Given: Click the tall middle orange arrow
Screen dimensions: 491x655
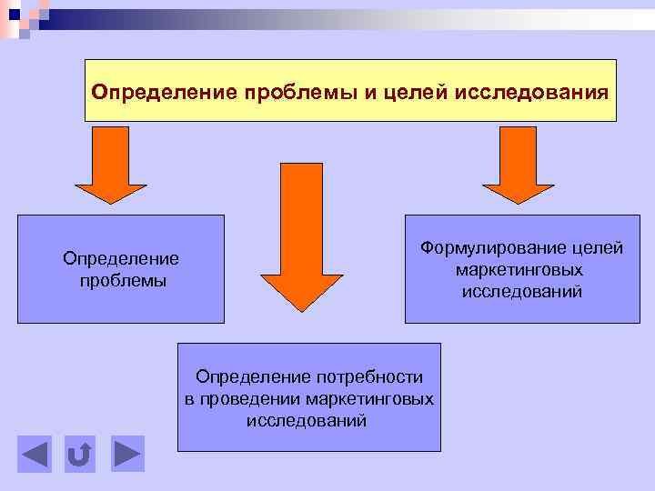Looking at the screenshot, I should [x=301, y=236].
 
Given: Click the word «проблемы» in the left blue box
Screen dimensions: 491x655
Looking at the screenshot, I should [x=121, y=280].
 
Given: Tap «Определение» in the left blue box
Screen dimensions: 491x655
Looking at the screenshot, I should [x=121, y=259].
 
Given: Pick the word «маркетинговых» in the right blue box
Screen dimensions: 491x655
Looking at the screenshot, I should [x=520, y=270].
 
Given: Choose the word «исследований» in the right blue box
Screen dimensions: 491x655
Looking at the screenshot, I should [x=521, y=292].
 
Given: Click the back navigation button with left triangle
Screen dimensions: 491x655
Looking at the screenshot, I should [x=35, y=454].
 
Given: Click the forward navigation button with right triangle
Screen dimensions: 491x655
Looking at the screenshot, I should [x=128, y=454].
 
